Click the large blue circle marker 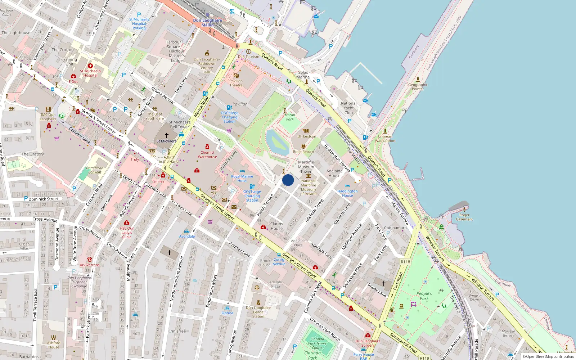click(288, 180)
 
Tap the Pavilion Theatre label click(236, 83)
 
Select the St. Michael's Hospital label click(90, 73)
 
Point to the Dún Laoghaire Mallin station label click(207, 23)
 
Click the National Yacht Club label click(348, 108)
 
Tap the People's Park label click(424, 296)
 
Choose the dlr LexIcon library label click(307, 136)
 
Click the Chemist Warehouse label click(207, 154)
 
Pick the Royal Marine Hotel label click(242, 179)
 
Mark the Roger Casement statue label click(464, 217)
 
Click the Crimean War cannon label click(385, 139)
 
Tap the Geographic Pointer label click(418, 87)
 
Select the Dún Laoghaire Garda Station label click(258, 312)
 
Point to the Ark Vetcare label click(89, 265)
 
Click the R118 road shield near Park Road click(405, 262)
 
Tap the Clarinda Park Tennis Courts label click(317, 343)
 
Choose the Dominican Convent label click(95, 170)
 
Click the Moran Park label click(290, 117)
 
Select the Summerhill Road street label click(403, 343)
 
